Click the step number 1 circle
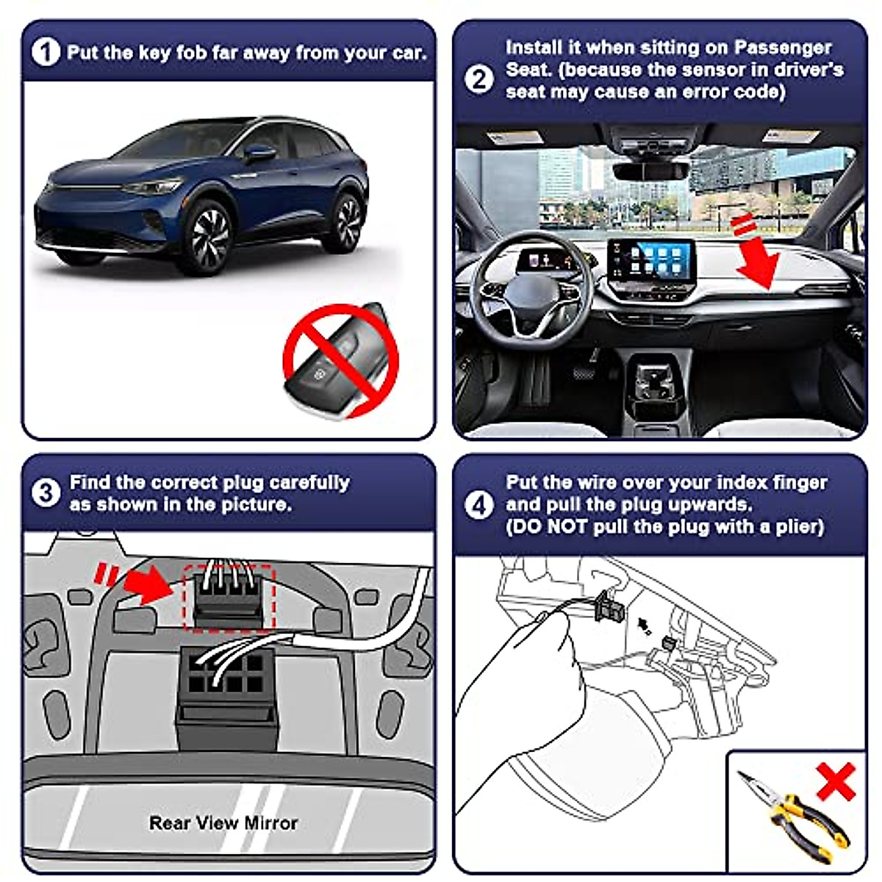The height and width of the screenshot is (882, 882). (x=46, y=52)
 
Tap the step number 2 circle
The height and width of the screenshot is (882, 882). (x=479, y=79)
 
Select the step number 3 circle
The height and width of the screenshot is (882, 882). (x=46, y=493)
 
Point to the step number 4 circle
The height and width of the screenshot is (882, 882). (x=479, y=505)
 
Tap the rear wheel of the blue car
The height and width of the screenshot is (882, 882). (x=345, y=218)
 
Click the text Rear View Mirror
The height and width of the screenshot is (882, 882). (x=223, y=822)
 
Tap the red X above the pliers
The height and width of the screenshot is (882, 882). (x=836, y=781)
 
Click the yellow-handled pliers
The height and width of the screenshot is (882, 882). (x=794, y=816)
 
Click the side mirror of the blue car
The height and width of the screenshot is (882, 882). (x=259, y=153)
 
